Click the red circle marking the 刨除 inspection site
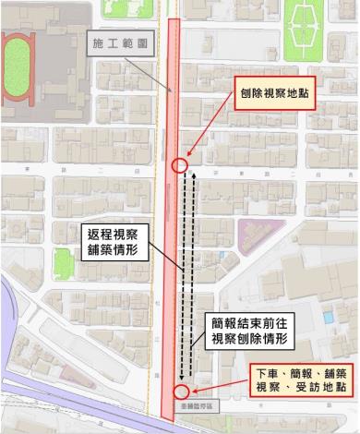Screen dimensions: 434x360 tap(180, 165)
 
